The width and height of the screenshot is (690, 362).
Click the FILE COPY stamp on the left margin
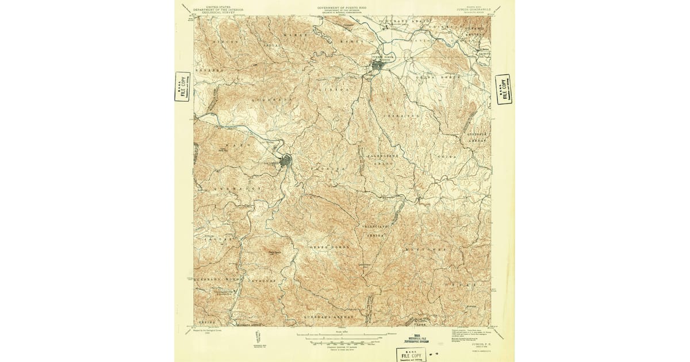[182, 87]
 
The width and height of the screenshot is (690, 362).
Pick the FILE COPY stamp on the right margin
[504, 89]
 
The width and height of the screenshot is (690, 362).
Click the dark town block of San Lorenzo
[285, 162]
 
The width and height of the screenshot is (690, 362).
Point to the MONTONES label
[425, 249]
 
